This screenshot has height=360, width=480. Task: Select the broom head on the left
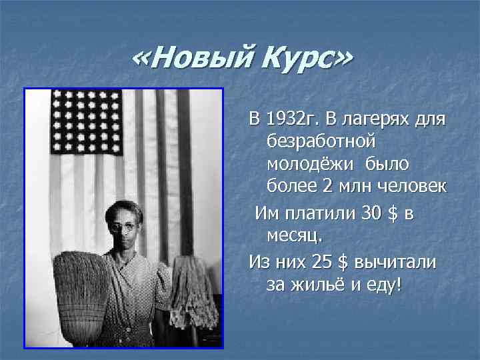click(x=80, y=293)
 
